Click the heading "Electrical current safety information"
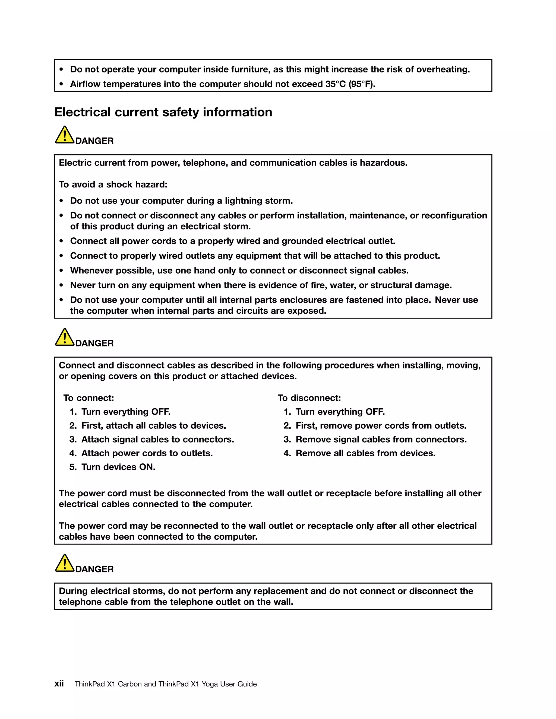coord(163,112)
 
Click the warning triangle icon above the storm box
coord(65,563)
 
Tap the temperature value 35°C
coord(335,84)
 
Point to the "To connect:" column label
coord(89,398)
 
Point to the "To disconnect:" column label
coord(309,398)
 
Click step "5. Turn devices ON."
coord(113,467)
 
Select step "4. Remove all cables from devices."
coord(360,453)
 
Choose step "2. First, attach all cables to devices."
coord(148,426)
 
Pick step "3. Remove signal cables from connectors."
coord(375,440)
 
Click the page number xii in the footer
coord(59,684)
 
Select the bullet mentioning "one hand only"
coord(239,271)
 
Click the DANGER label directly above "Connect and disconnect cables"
coord(94,343)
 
